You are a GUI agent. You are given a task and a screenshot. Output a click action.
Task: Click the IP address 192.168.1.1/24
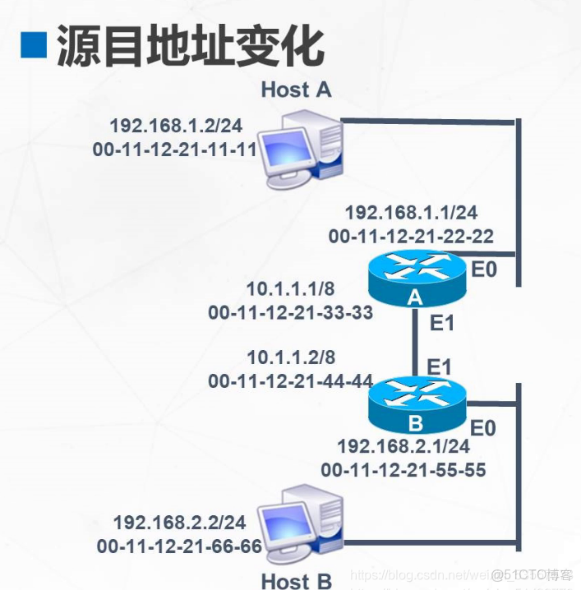click(x=411, y=212)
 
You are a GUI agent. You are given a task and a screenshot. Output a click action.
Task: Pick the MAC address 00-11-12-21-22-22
click(x=411, y=236)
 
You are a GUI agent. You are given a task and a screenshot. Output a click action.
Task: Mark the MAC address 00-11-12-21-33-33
click(x=291, y=312)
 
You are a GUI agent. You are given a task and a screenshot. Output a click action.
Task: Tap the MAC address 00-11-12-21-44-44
click(x=291, y=381)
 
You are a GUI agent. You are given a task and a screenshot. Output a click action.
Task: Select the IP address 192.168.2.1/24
click(x=403, y=446)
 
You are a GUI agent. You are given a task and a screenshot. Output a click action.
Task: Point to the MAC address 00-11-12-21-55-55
click(x=403, y=470)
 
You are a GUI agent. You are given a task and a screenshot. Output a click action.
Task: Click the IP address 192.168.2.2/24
click(x=179, y=522)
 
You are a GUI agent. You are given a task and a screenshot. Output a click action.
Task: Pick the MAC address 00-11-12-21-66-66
click(x=179, y=546)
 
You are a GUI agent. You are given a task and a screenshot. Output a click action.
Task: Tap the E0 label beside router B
click(x=484, y=428)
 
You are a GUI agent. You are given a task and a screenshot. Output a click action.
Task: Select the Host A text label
click(x=296, y=90)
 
